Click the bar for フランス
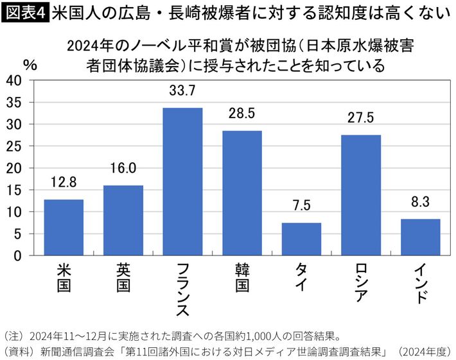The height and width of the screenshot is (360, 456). pyautogui.click(x=182, y=182)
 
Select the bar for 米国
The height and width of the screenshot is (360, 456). pyautogui.click(x=64, y=227)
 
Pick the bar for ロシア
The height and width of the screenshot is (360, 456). pyautogui.click(x=361, y=195)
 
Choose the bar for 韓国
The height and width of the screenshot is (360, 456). pyautogui.click(x=242, y=193)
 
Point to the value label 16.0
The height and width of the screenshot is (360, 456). pyautogui.click(x=123, y=170)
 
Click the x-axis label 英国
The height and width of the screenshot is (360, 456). pyautogui.click(x=123, y=278)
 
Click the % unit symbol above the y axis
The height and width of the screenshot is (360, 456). pyautogui.click(x=30, y=64)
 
